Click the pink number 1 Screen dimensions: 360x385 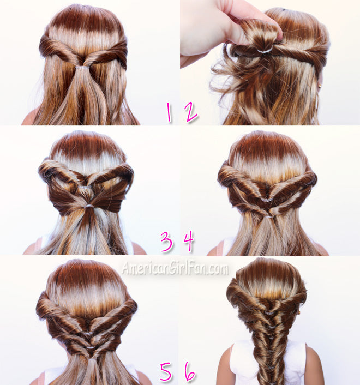coord(169,112)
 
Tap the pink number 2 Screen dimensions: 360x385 coord(191,112)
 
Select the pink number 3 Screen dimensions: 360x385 coord(167,242)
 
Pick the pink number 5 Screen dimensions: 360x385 coord(166,371)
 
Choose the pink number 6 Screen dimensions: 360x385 coord(190,371)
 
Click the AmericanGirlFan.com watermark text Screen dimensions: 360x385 coord(175,268)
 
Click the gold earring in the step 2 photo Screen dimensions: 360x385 coord(320,86)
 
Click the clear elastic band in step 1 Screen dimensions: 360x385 coord(82,67)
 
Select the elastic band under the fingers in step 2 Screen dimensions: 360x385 coord(265,50)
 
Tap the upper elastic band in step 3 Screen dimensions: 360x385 coord(85,188)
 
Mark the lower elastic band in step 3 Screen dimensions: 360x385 coord(89,206)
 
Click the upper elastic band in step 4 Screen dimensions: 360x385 coord(266,200)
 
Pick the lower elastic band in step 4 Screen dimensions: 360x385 coord(268,217)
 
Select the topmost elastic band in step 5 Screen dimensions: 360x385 coord(87,333)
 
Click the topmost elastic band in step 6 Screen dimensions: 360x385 coord(268,313)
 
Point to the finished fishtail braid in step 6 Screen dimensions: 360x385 coord(269,348)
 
